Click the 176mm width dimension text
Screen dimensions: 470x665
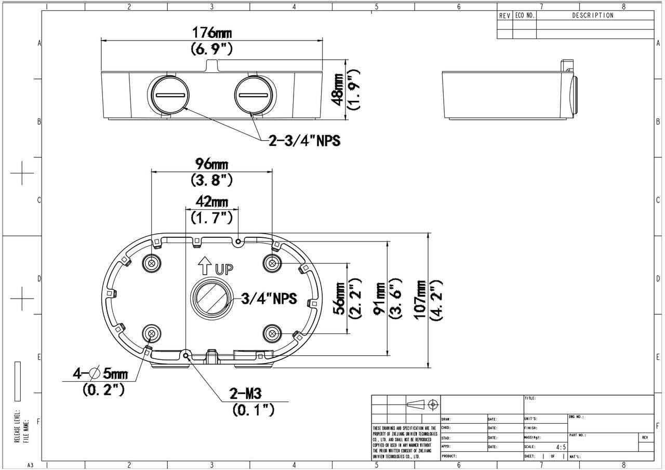point(212,33)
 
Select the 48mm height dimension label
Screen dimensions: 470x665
point(338,89)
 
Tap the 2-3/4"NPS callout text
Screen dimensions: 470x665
point(304,140)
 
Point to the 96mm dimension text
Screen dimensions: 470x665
point(211,165)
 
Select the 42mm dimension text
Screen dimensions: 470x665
point(211,201)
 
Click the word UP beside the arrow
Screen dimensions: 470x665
point(224,269)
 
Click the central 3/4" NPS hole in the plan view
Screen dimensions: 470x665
point(210,298)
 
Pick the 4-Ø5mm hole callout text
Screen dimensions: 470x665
point(101,373)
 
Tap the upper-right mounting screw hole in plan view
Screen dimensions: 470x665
point(272,264)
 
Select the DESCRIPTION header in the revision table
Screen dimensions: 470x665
point(593,16)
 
